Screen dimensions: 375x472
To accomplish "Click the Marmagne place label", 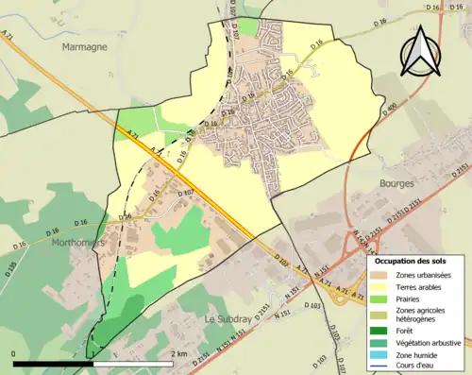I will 84,45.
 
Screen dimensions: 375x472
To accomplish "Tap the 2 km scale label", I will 180,353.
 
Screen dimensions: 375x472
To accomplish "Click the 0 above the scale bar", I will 15,353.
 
